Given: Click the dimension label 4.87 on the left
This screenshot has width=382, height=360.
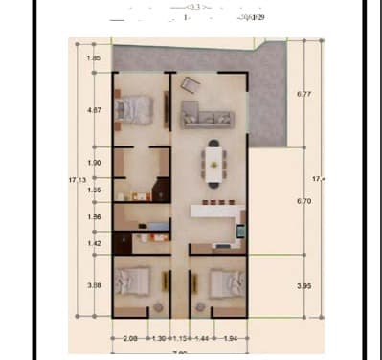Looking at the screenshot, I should click(x=94, y=110).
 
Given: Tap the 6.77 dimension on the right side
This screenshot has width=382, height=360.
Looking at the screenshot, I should click(x=305, y=94).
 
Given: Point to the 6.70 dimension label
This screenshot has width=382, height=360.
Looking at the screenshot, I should click(x=305, y=201).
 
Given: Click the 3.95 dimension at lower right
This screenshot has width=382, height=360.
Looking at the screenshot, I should click(x=305, y=286).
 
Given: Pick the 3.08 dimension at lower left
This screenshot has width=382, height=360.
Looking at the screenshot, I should click(x=94, y=285).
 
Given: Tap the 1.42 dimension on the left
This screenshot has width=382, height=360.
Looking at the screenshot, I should click(x=94, y=245).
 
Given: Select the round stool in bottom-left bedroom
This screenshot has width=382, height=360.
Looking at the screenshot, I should click(x=157, y=307).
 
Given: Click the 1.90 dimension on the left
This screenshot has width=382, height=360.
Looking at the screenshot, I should click(x=94, y=163).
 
